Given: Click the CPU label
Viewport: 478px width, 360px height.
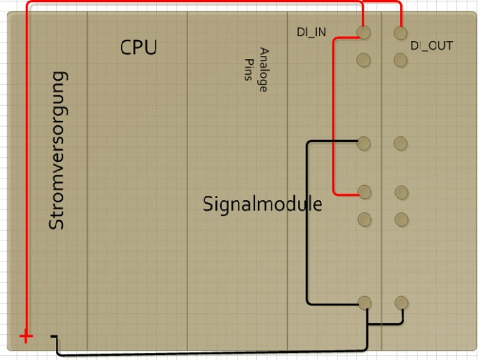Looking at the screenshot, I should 138,48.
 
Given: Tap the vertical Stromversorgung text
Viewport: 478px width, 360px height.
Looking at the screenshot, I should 57,150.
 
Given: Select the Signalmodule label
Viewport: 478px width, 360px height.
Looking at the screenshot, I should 262,204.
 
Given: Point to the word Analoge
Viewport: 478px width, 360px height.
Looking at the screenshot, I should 263,70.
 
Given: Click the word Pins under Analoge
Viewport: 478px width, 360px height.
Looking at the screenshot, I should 248,71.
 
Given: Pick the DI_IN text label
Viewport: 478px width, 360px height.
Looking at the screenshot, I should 312,32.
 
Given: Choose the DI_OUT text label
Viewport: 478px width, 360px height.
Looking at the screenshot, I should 431,45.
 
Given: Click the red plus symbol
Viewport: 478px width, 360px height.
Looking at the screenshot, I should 26,336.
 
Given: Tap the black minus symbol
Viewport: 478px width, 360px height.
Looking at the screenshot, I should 54,336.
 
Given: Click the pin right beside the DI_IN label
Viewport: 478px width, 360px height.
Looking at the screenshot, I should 364,32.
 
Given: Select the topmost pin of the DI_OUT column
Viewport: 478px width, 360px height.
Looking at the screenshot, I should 401,33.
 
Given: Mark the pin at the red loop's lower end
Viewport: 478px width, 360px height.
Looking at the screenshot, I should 364,192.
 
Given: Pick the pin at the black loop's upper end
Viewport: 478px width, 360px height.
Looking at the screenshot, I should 364,143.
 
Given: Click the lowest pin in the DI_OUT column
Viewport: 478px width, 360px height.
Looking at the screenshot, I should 401,302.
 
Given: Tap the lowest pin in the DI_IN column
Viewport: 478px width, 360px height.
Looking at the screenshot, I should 365,302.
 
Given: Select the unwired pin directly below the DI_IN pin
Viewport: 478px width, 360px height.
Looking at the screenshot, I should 364,60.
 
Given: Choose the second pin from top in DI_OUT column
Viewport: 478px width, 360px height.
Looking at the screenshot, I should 401,60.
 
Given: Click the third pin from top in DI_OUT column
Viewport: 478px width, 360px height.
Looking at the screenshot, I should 401,143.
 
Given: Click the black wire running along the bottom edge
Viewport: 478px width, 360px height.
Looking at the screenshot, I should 216,354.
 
